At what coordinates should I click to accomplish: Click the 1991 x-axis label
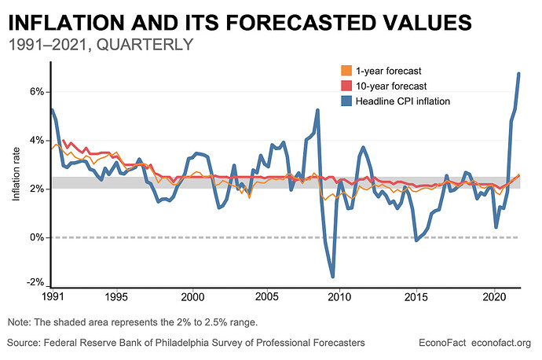51,299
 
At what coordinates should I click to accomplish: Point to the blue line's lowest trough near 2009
333,276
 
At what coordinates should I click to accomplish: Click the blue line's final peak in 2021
518,74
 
